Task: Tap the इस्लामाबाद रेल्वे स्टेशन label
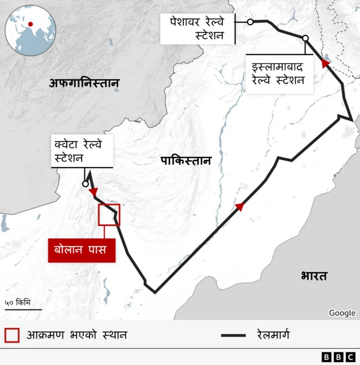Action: (x=278, y=74)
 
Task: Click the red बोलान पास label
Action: (x=82, y=249)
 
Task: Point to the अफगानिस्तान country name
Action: (x=84, y=84)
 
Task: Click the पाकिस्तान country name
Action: (x=186, y=161)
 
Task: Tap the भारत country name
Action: (x=314, y=276)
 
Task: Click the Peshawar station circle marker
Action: (x=250, y=22)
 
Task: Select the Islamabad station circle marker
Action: (x=305, y=38)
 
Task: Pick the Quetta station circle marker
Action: (x=85, y=183)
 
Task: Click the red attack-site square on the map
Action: (x=109, y=215)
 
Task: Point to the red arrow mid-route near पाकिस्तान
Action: (x=240, y=207)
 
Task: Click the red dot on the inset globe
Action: (x=30, y=24)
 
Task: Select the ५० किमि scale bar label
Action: (x=18, y=303)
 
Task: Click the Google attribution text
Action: (x=342, y=313)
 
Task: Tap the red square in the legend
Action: (x=12, y=335)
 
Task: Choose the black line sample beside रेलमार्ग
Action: (x=233, y=336)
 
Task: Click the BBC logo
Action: (x=338, y=357)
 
